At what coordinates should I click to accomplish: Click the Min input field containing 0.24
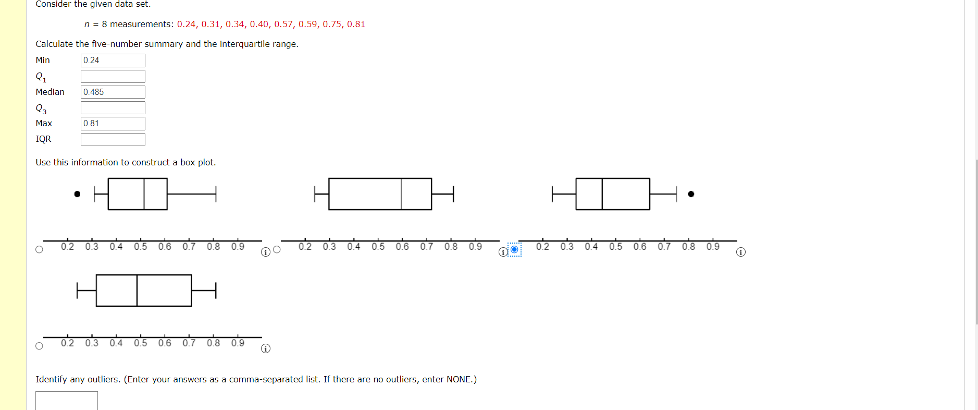113,61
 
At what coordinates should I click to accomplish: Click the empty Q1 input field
113,77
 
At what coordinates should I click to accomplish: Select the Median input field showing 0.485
113,92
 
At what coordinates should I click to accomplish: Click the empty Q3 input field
113,108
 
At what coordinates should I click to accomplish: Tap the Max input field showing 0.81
113,124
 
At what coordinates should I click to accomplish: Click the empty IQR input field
113,139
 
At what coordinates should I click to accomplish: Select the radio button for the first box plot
39,249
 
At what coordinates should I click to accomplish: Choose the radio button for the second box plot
277,249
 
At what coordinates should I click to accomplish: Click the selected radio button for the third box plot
514,249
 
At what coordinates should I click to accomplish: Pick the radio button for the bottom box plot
39,346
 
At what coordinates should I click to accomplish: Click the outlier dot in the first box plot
77,194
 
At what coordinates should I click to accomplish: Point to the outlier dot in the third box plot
691,194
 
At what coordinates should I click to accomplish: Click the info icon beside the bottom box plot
266,348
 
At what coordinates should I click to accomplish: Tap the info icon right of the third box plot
741,252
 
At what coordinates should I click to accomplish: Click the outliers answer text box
66,401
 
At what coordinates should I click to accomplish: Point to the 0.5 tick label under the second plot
378,247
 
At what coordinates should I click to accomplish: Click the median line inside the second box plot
401,194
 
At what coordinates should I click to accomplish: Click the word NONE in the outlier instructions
459,379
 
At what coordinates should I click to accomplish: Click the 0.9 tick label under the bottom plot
238,343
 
